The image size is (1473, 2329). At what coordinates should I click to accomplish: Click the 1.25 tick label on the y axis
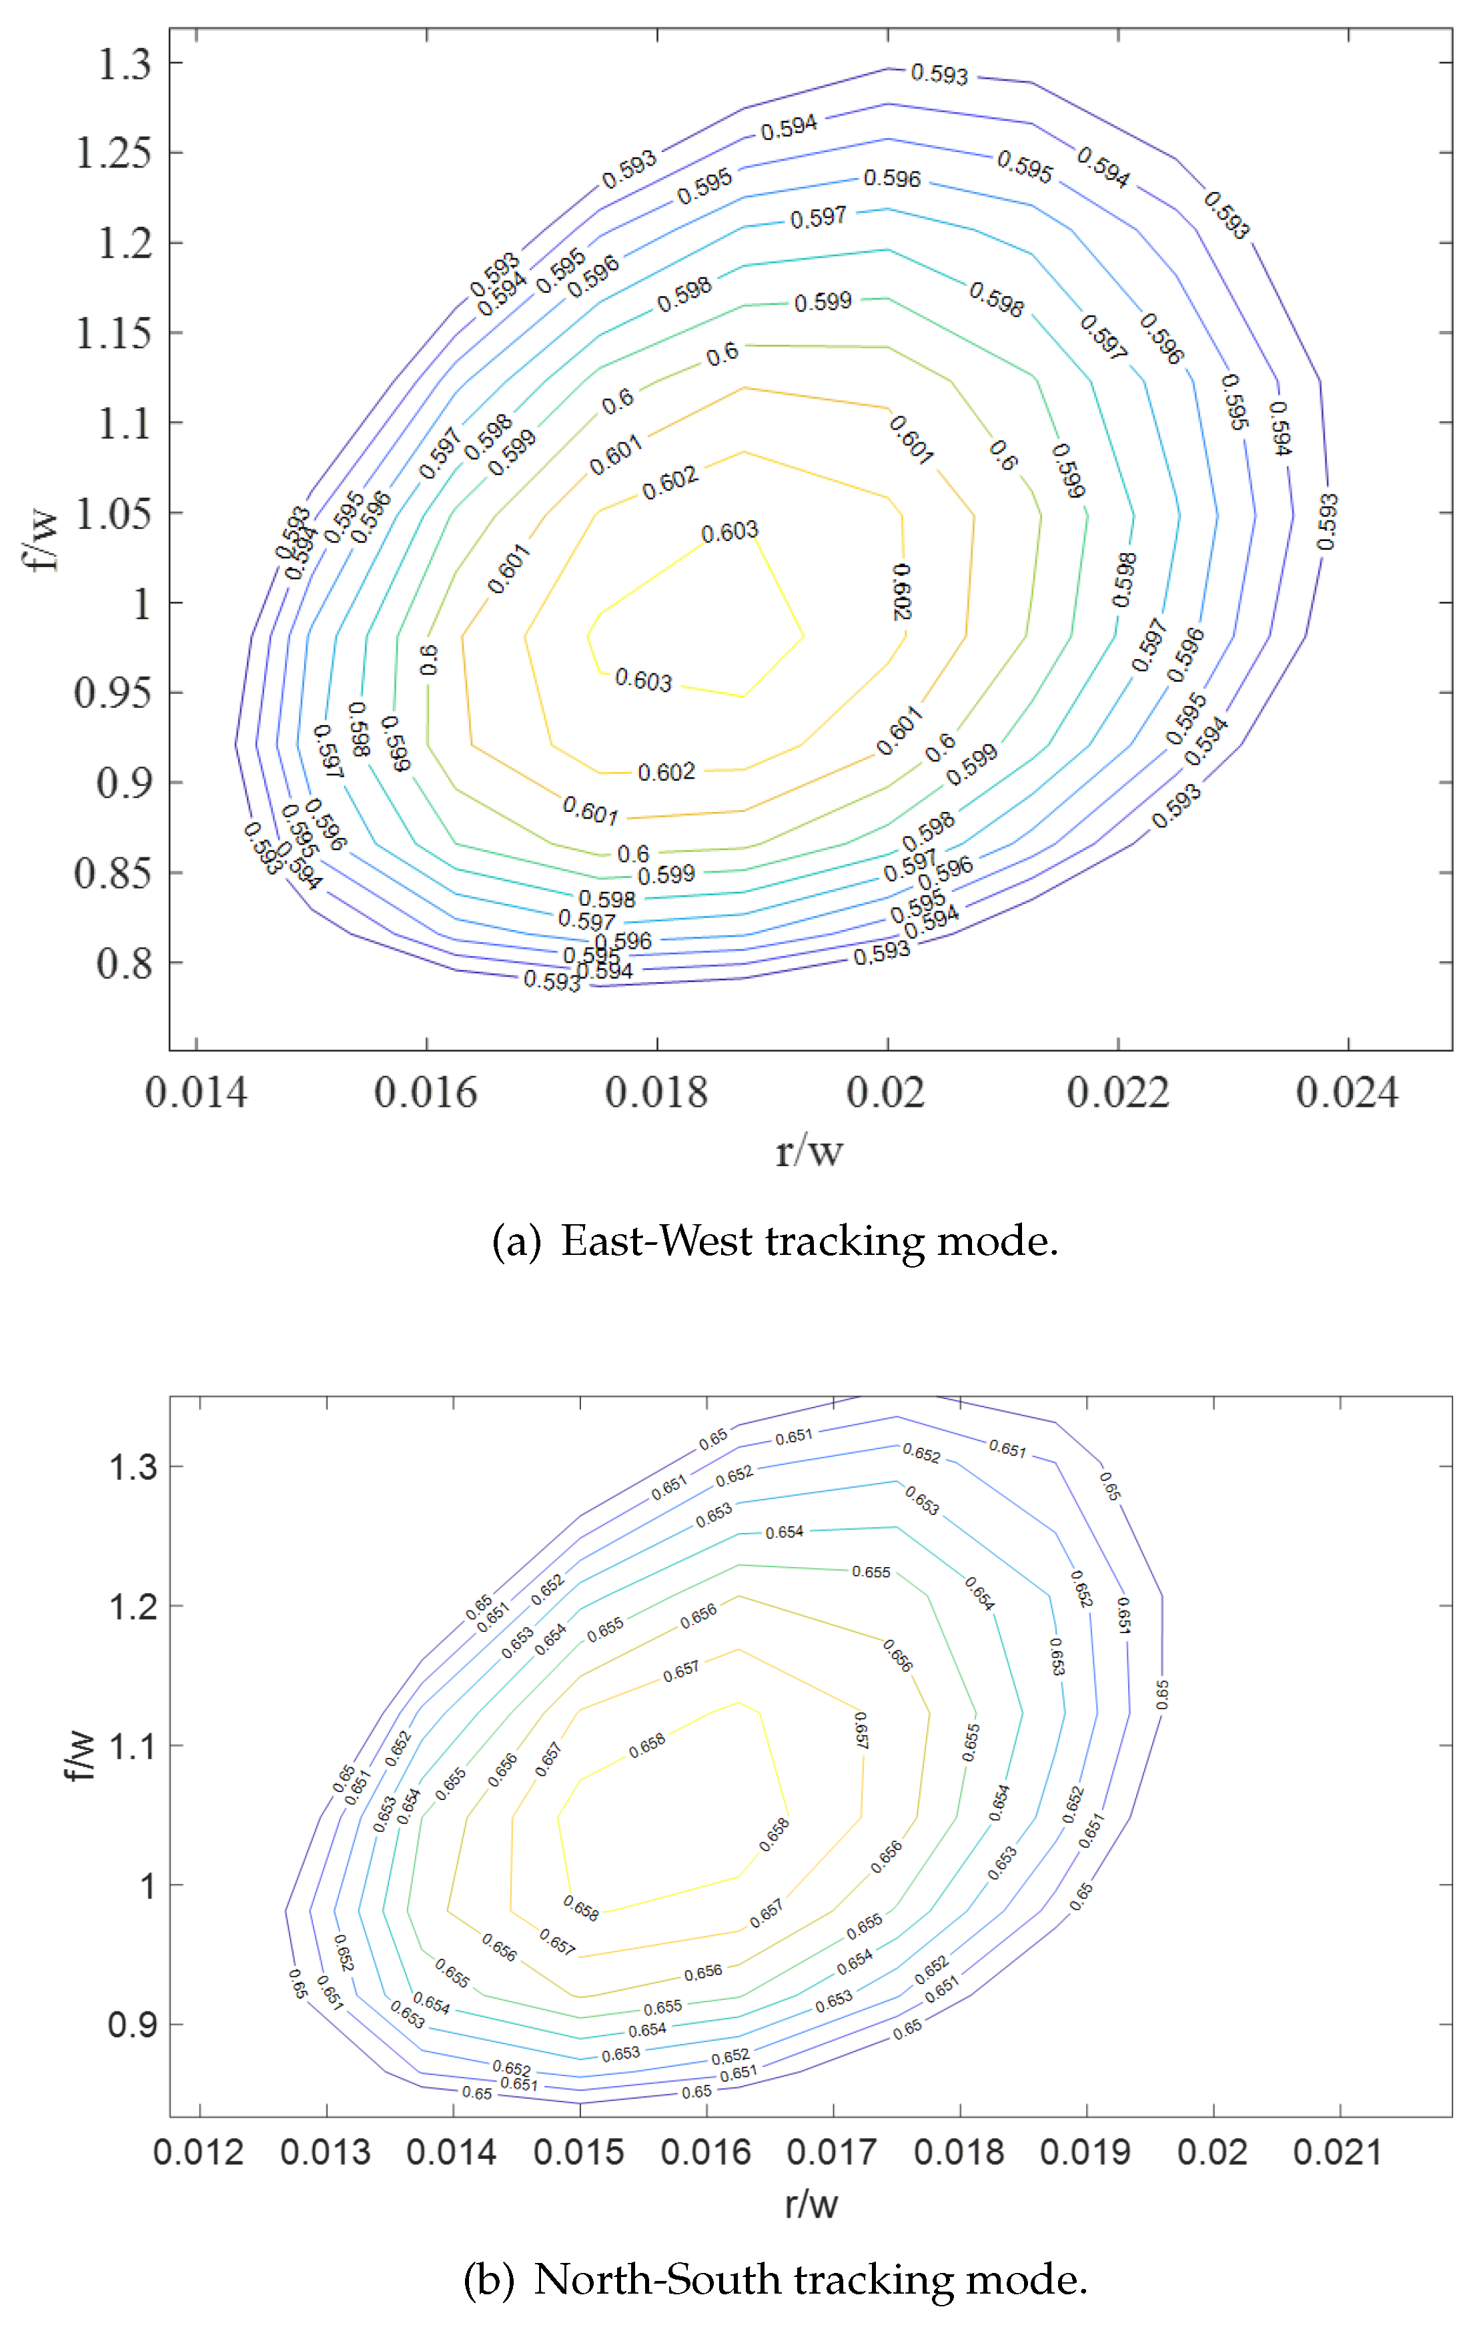click(x=113, y=153)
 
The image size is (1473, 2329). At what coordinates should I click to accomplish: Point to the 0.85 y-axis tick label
click(x=113, y=873)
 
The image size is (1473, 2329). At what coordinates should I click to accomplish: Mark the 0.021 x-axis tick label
click(x=1338, y=2152)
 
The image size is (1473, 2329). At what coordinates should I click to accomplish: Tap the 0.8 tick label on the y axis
click(x=125, y=963)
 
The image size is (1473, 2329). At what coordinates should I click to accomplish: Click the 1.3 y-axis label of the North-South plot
click(x=133, y=1467)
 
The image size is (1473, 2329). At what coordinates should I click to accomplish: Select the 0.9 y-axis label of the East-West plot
click(x=125, y=783)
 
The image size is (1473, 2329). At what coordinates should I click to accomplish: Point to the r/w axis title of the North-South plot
click(x=811, y=2204)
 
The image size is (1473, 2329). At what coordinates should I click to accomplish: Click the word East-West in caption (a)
click(x=656, y=1241)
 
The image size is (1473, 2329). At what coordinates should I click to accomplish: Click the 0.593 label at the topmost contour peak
click(x=939, y=75)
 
